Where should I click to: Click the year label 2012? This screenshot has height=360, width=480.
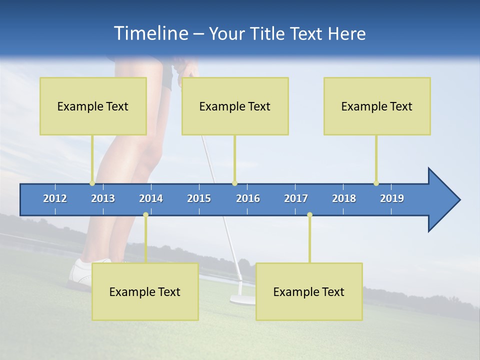55,198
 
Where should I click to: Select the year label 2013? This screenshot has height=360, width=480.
103,198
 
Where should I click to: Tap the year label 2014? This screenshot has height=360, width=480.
151,198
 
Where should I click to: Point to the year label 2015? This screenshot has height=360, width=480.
199,198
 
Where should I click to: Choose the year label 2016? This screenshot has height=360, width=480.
248,198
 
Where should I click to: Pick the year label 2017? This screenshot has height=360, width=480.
296,198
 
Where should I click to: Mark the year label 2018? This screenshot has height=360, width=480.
344,198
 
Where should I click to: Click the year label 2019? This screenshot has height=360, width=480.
392,198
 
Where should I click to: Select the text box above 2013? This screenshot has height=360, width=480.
93,106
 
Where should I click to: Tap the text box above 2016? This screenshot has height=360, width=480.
235,106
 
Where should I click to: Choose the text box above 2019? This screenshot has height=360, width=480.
377,106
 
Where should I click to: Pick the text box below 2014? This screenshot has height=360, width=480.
145,291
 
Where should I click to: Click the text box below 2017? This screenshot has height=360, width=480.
309,291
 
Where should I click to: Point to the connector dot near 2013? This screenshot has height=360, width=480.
92,183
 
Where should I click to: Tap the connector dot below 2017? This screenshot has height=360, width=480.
309,215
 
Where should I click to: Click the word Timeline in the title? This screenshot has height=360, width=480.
150,33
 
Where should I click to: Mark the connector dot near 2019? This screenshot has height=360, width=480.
376,183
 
